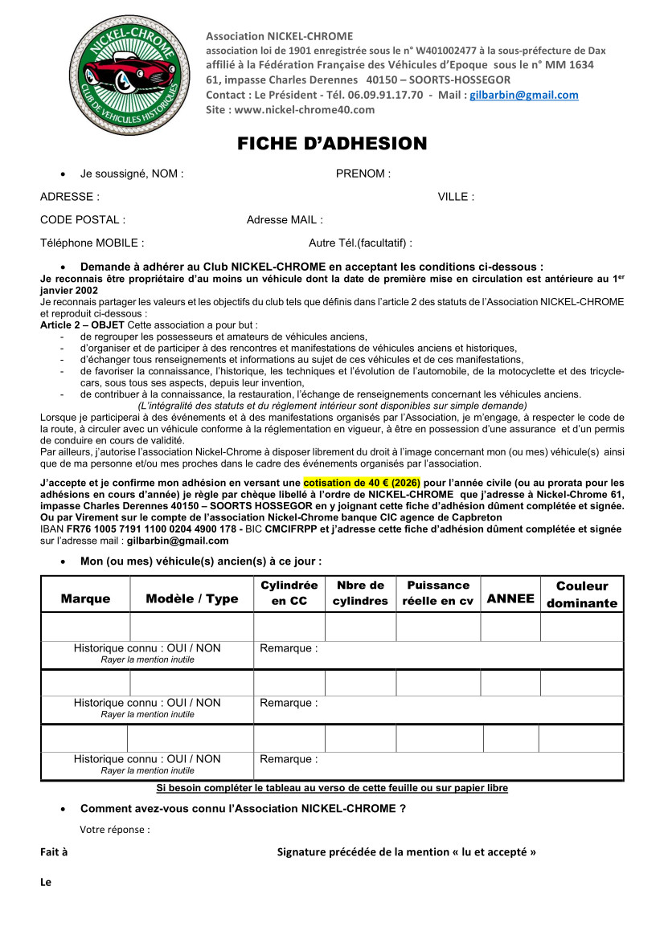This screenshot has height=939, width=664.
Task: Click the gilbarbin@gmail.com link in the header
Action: (523, 95)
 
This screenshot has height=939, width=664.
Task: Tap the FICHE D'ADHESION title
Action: (332, 144)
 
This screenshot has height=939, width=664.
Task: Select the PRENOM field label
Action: (363, 174)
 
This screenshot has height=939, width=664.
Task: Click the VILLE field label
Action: (455, 197)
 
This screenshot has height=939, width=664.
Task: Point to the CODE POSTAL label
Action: (82, 219)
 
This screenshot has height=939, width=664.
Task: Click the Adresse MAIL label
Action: (285, 219)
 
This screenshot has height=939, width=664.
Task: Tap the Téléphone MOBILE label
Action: (92, 243)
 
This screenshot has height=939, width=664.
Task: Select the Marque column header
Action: (85, 598)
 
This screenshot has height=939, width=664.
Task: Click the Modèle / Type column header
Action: (192, 598)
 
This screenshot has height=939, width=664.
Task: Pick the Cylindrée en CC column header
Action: (289, 593)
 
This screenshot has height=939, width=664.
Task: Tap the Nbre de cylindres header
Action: (360, 593)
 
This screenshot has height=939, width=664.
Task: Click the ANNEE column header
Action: (510, 598)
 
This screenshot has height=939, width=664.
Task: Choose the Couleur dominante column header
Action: (582, 594)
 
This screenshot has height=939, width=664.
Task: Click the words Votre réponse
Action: (115, 830)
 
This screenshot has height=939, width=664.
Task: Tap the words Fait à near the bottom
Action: (54, 851)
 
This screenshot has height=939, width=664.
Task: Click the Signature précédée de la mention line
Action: (406, 851)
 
